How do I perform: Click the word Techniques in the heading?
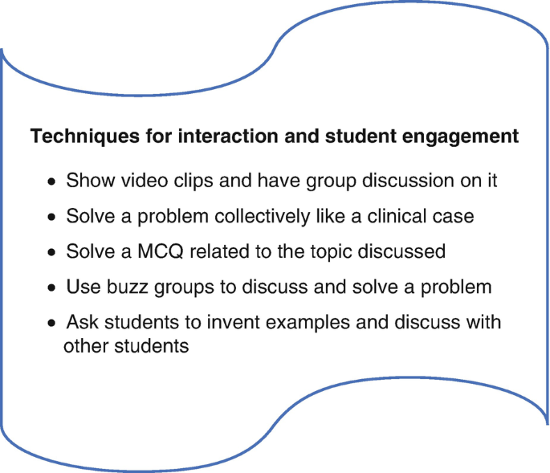[85, 137]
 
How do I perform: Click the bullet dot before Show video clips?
[51, 181]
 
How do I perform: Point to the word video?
[145, 181]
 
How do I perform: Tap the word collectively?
[262, 216]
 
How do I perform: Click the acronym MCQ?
[161, 251]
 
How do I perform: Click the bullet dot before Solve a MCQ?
[51, 252]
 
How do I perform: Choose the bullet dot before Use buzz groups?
[51, 288]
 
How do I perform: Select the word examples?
[308, 323]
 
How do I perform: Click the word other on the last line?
[86, 345]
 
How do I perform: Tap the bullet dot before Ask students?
[51, 323]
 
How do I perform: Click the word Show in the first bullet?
[91, 181]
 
